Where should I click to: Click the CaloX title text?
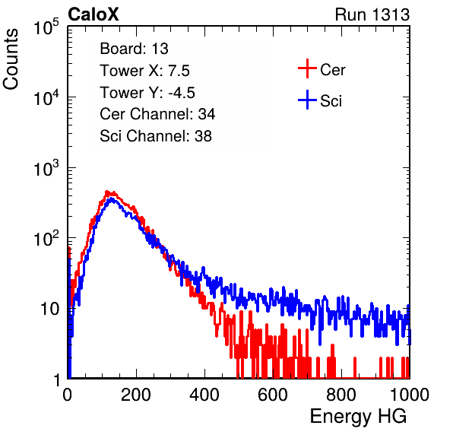point(93,14)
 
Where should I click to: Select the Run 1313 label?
point(372,14)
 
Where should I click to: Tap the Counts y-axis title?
point(11,59)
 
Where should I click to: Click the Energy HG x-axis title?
point(358,417)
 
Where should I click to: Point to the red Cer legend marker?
point(307,68)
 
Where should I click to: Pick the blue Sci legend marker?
point(307,100)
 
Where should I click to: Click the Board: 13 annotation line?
point(134,49)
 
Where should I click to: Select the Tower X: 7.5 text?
point(144,71)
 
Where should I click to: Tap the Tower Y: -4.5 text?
point(147,93)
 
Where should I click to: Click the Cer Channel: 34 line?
point(157,114)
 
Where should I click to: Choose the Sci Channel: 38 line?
point(156,136)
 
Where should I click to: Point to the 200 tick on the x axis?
point(136,395)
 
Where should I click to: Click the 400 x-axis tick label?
point(204,395)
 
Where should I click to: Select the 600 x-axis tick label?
point(273,395)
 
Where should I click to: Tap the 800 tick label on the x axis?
point(341,395)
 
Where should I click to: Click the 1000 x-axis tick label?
point(410,395)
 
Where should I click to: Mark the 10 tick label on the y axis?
point(49,310)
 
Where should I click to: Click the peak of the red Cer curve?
point(107,192)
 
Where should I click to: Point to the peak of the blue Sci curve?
point(112,198)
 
